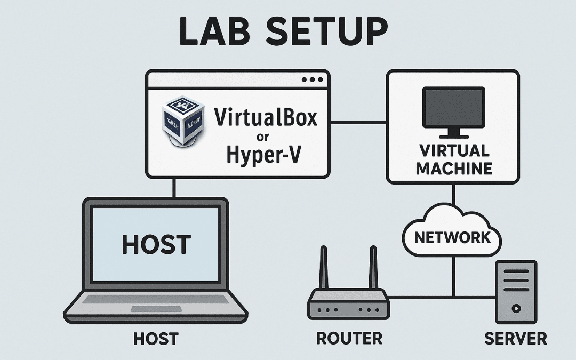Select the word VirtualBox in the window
(265, 117)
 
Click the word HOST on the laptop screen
(156, 244)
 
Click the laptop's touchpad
(155, 309)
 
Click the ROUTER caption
(349, 338)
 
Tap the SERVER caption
(515, 338)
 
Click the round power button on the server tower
(516, 308)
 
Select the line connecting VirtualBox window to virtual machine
(358, 123)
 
